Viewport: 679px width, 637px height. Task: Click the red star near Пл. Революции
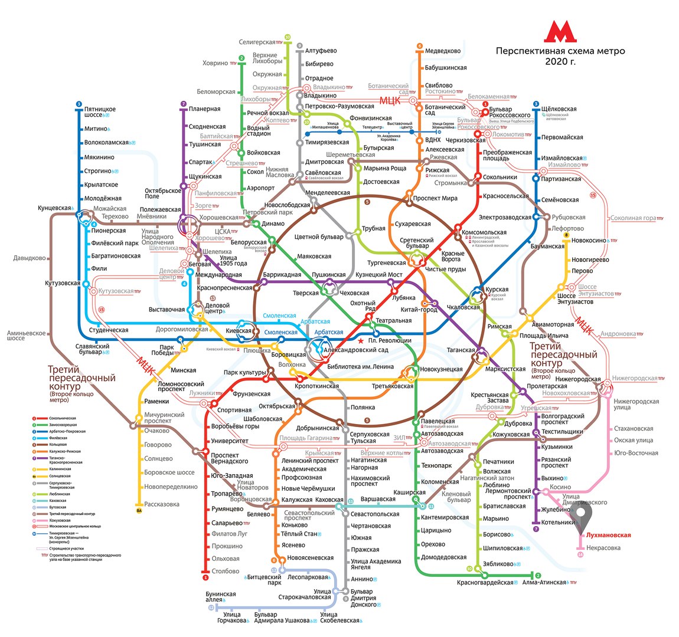click(x=360, y=340)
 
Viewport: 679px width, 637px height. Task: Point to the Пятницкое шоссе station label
click(x=100, y=113)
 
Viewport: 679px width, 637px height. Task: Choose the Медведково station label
click(x=442, y=51)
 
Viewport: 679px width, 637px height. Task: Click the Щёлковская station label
click(x=559, y=109)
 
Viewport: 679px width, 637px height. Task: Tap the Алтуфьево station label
click(x=321, y=51)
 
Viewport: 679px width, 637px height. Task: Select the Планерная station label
click(x=204, y=109)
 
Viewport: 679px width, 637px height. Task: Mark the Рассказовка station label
click(x=162, y=504)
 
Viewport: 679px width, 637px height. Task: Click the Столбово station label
click(x=225, y=571)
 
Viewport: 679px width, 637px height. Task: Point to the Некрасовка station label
click(x=603, y=548)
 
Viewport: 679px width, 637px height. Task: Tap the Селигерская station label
click(x=257, y=42)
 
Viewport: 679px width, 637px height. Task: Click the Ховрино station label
click(x=215, y=63)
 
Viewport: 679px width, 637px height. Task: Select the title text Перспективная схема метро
click(x=560, y=51)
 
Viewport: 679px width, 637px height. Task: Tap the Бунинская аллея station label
click(x=220, y=597)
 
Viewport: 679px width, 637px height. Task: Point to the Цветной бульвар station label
click(x=318, y=237)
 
